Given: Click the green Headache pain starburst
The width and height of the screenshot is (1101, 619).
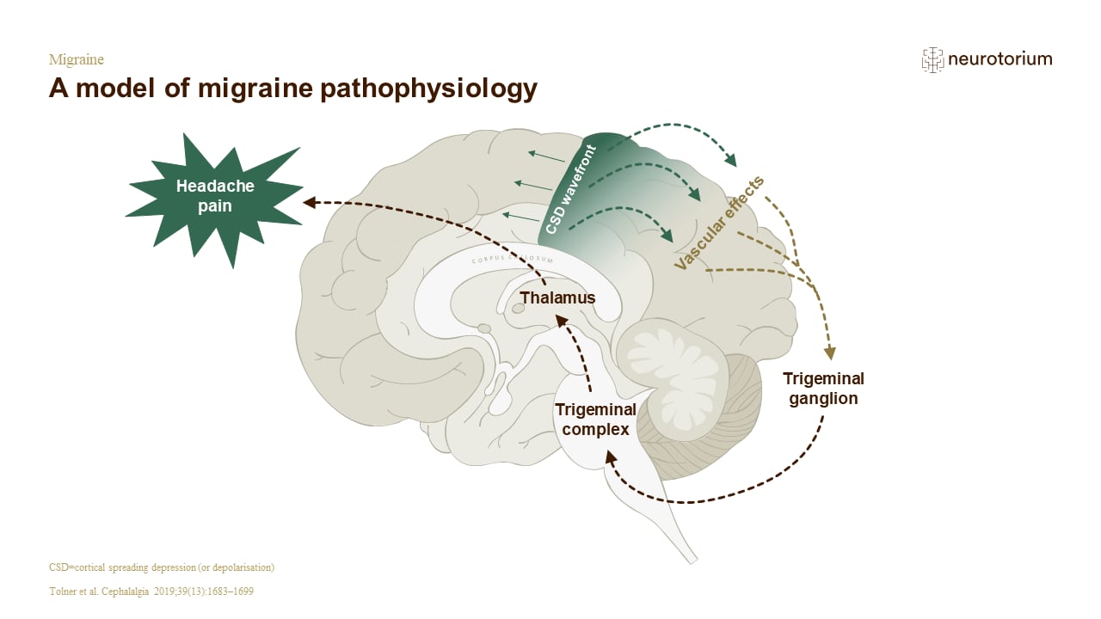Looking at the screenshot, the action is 215,198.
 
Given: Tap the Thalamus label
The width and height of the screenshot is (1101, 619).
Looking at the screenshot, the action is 557,297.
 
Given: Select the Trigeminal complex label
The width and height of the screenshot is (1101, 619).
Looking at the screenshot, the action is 595,419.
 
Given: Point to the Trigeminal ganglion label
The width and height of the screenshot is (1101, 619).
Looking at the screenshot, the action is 823,388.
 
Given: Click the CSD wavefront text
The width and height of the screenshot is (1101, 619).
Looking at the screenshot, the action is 571,190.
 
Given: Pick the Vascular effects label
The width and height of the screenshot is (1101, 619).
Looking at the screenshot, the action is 719,223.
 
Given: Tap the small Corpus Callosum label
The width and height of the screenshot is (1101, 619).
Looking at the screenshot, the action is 512,259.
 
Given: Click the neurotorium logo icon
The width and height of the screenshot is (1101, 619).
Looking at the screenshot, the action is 932,60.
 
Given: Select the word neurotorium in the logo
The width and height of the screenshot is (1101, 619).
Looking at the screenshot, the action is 1000,59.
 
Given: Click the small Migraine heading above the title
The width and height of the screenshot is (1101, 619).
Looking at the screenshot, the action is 77,59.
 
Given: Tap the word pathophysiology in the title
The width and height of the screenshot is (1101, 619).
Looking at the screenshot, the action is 428,89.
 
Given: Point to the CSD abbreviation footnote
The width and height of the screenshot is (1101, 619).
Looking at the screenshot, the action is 162,567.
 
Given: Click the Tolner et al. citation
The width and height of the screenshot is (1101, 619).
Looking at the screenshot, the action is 151,591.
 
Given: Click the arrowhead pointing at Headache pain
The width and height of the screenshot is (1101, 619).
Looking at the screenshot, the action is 310,202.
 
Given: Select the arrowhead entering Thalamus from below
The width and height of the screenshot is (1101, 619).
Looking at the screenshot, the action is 561,322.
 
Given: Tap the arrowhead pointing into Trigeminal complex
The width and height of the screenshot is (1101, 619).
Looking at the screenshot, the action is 610,458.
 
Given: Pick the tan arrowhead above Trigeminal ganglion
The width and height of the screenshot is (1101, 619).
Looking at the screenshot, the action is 830,352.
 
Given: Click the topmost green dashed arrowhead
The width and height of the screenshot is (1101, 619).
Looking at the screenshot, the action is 731,160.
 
